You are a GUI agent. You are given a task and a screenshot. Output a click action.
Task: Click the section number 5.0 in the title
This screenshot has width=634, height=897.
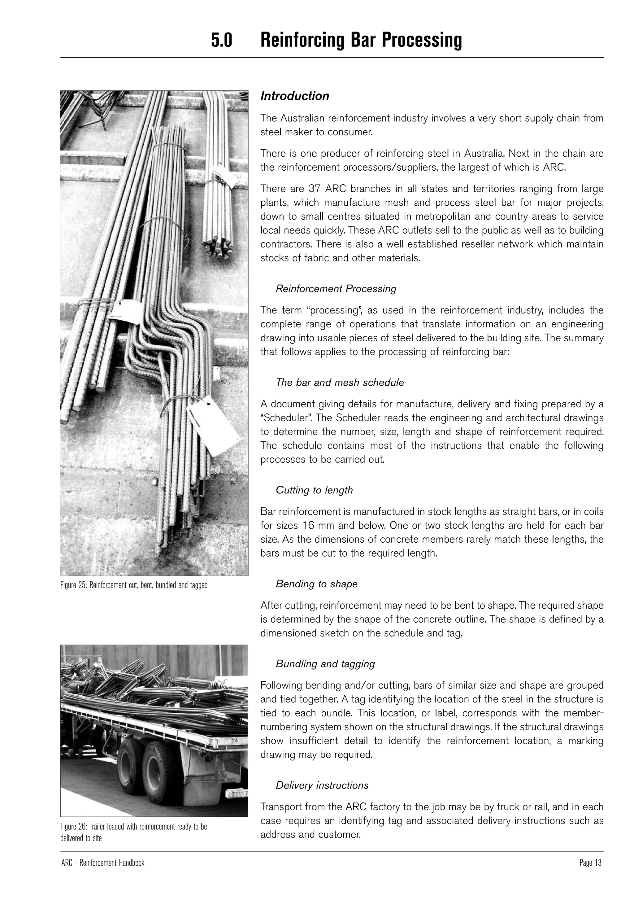pos(221,40)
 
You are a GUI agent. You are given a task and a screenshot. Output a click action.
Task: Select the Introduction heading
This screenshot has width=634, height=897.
pos(295,96)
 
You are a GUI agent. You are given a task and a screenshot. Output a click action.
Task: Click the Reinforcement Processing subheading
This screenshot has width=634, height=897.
pos(336,289)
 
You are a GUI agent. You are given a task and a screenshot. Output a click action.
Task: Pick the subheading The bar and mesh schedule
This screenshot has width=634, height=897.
pos(340,383)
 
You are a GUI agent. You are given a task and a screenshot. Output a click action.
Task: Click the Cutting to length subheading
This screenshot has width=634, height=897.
pos(314,490)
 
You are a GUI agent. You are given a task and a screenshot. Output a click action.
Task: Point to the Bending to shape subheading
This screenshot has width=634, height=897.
pos(317,584)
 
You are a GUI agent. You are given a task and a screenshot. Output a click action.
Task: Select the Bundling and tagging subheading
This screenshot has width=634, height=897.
pos(325,664)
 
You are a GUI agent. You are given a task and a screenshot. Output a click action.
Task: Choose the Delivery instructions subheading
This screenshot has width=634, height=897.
pos(322,785)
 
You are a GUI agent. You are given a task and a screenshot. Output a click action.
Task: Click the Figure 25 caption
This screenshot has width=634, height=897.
pos(134,585)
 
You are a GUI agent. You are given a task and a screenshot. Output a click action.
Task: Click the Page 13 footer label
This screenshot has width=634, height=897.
pos(590,863)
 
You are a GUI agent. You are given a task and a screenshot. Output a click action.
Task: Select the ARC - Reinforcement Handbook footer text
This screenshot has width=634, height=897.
pos(103,863)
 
